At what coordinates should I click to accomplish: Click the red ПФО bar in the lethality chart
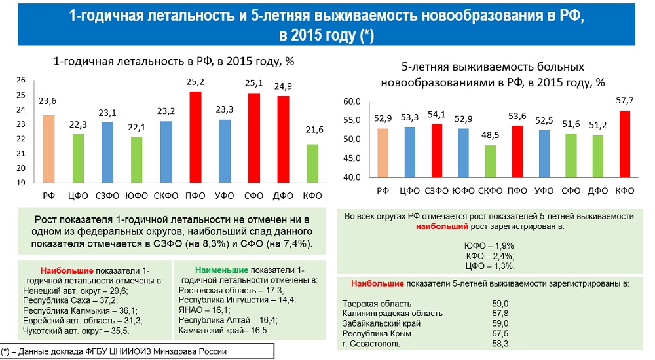pyautogui.click(x=195, y=137)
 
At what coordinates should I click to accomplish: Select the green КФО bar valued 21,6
pyautogui.click(x=313, y=163)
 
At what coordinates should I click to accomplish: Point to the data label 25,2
pyautogui.click(x=195, y=82)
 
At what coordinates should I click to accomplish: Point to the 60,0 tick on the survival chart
pyautogui.click(x=352, y=101)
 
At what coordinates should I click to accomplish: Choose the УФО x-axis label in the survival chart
pyautogui.click(x=544, y=190)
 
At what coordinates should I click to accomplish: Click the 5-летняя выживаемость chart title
pyautogui.click(x=493, y=75)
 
